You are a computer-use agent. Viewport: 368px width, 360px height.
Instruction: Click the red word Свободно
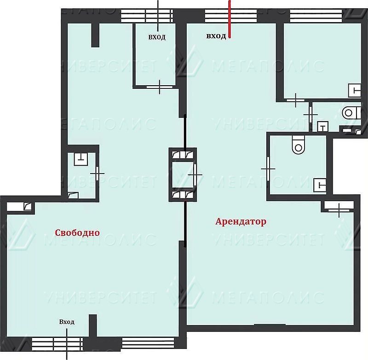tap(77, 233)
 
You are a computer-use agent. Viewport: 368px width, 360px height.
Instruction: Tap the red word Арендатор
tap(241, 222)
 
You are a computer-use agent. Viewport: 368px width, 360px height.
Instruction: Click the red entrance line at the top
tap(230, 19)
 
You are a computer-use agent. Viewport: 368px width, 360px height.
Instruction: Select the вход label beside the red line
tap(216, 36)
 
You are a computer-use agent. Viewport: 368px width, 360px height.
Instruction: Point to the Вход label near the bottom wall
tap(67, 322)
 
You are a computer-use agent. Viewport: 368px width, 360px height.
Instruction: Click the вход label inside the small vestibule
tap(157, 37)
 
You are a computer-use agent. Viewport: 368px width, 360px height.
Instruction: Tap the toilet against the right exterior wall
tap(351, 113)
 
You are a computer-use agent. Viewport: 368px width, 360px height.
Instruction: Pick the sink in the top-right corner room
tap(355, 90)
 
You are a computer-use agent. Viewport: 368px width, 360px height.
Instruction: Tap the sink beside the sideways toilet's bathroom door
tap(323, 127)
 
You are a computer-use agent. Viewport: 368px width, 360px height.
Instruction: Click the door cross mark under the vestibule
tap(160, 87)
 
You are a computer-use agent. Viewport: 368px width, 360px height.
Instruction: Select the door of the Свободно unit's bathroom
tap(97, 173)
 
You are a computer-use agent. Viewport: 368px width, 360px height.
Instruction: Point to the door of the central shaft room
tap(195, 175)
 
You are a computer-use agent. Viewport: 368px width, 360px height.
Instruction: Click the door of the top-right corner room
tap(295, 100)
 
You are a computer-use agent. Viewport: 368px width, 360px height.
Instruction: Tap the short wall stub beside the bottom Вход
tap(93, 327)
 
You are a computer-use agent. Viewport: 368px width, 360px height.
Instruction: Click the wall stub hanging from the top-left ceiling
tap(95, 35)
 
